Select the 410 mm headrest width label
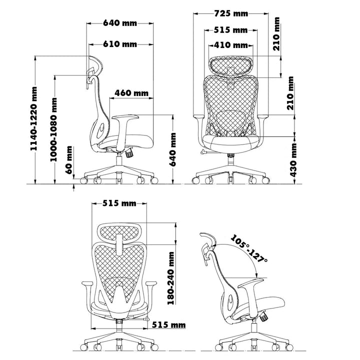pyautogui.click(x=230, y=45)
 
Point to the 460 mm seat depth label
pyautogui.click(x=131, y=93)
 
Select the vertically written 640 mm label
pyautogui.click(x=173, y=149)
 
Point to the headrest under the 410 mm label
pyautogui.click(x=230, y=65)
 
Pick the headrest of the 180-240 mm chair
pyautogui.click(x=120, y=232)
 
